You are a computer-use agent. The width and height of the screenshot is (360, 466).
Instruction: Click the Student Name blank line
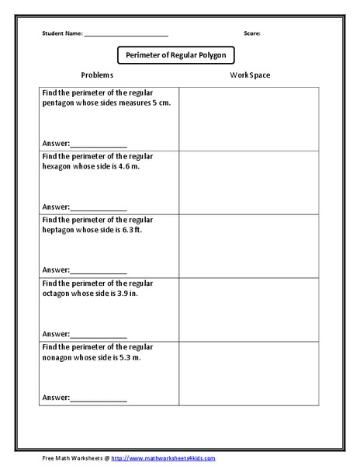(x=126, y=36)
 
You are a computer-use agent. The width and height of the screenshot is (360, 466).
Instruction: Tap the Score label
(x=252, y=33)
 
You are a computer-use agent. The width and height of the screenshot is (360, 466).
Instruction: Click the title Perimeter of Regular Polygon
(x=175, y=56)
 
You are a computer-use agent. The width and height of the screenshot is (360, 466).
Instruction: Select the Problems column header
(x=97, y=75)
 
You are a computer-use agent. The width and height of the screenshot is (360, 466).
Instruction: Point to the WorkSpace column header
(x=250, y=75)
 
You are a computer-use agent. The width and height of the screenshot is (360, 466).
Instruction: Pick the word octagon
(x=57, y=293)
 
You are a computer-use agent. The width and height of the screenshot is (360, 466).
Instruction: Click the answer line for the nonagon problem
(x=99, y=398)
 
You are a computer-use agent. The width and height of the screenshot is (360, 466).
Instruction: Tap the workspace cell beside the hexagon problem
(x=249, y=182)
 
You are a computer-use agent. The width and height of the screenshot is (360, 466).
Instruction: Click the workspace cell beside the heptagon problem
(x=249, y=245)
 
